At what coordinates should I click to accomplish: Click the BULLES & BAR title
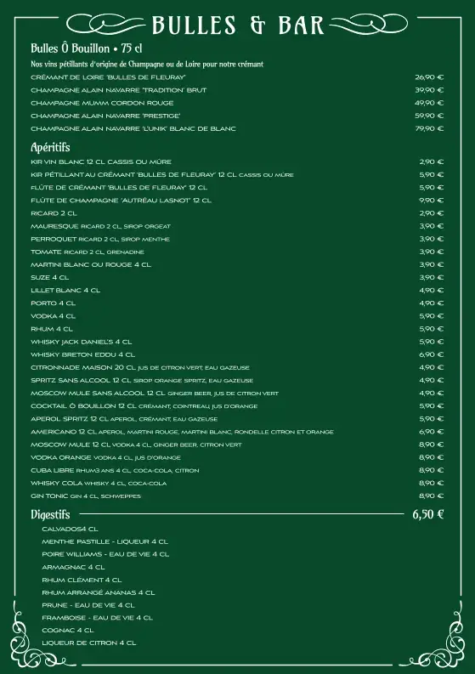click(238, 25)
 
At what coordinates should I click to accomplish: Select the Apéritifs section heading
click(50, 147)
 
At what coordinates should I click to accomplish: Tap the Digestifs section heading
click(50, 514)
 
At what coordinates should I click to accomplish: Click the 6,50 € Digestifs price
click(428, 514)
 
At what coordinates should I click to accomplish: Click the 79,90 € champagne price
click(429, 128)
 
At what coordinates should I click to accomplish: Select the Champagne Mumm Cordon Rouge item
click(102, 103)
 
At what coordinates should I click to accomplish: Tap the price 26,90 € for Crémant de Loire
click(429, 76)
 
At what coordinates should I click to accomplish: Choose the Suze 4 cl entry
click(50, 277)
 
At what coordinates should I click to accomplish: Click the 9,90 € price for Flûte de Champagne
click(432, 200)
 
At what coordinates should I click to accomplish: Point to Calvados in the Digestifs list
click(65, 529)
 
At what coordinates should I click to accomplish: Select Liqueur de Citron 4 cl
click(89, 643)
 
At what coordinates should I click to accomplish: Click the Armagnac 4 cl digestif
click(73, 567)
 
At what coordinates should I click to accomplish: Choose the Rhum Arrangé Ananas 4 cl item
click(99, 592)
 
